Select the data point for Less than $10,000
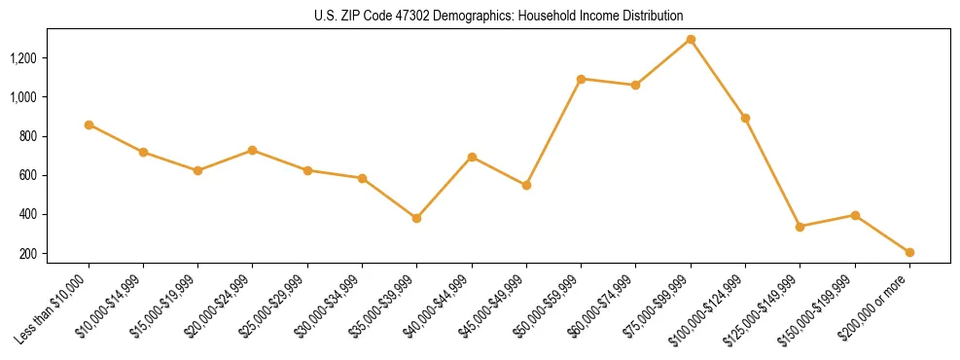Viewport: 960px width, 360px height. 89,125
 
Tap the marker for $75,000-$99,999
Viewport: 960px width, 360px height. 691,40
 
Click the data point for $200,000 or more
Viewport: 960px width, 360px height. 909,252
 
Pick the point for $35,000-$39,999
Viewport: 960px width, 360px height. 416,218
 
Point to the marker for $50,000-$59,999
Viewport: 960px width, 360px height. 581,79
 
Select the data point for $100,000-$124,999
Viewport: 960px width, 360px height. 745,118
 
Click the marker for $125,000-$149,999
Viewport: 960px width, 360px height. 800,227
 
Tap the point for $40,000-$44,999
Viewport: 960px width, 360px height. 472,157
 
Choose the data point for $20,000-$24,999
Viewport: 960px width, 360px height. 253,150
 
